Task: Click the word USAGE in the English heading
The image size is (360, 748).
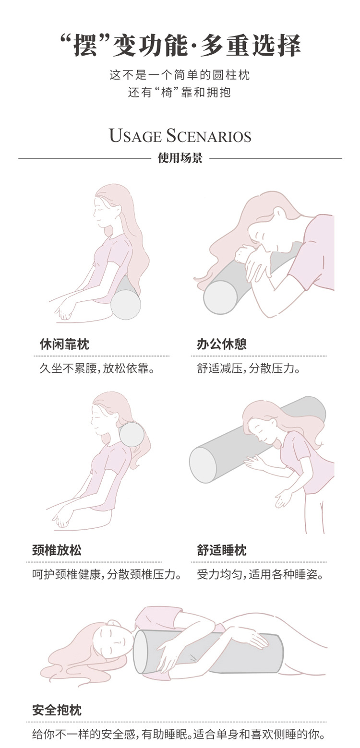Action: (136, 136)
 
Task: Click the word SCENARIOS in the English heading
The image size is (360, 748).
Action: (208, 136)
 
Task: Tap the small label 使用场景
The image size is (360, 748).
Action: (180, 158)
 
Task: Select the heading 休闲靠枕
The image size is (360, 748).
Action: (64, 344)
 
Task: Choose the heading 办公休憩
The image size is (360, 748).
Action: (221, 344)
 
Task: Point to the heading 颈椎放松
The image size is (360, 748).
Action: (57, 550)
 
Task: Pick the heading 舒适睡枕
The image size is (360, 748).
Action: (221, 550)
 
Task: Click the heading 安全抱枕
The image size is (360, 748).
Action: (57, 710)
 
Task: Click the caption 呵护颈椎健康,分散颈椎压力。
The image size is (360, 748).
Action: (107, 574)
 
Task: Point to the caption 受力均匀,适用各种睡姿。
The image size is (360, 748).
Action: (260, 574)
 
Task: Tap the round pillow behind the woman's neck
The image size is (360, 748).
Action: (132, 434)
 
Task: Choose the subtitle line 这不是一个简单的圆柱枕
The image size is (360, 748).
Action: (180, 75)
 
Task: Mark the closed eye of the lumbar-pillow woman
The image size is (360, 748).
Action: (99, 209)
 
